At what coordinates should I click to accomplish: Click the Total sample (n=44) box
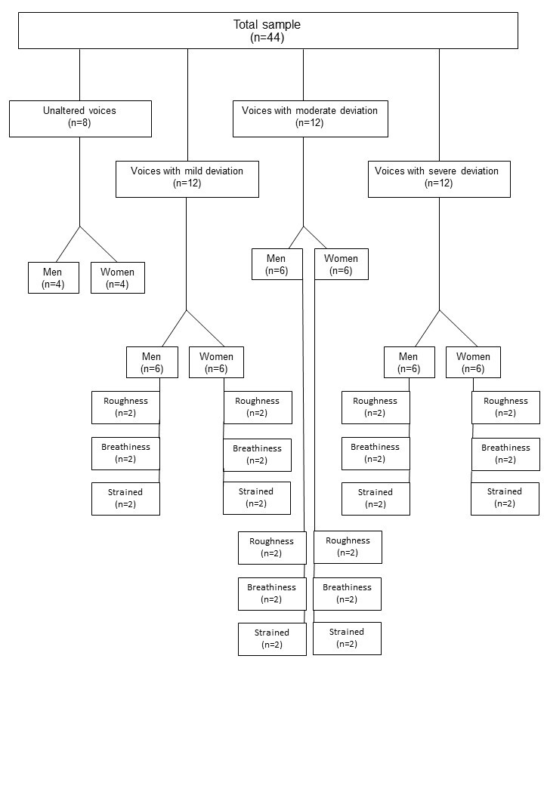tap(268, 30)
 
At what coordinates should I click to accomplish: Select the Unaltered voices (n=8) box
tap(80, 119)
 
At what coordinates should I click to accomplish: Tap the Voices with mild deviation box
tap(187, 179)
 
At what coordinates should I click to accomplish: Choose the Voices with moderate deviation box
tap(311, 119)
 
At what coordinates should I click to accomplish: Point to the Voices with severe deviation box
tap(439, 179)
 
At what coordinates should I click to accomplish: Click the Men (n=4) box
tap(54, 277)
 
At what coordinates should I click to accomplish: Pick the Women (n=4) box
tap(118, 277)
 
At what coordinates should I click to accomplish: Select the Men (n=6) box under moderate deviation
tap(277, 264)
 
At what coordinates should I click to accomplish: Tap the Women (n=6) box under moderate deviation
tap(341, 264)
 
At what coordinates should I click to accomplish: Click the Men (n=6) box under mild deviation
tap(153, 362)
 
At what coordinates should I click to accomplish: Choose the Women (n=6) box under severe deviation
tap(473, 362)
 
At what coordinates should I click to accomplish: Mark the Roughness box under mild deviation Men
tap(125, 408)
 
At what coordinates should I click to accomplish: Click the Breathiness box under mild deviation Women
tap(257, 455)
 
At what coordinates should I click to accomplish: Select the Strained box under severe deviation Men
tap(376, 499)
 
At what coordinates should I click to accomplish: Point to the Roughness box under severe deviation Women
tap(506, 408)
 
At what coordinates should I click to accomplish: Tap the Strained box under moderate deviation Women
tap(347, 639)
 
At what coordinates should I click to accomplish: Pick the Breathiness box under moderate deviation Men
tap(272, 594)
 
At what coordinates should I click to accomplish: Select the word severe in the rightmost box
tap(442, 171)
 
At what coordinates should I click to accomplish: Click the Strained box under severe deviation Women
tap(505, 499)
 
